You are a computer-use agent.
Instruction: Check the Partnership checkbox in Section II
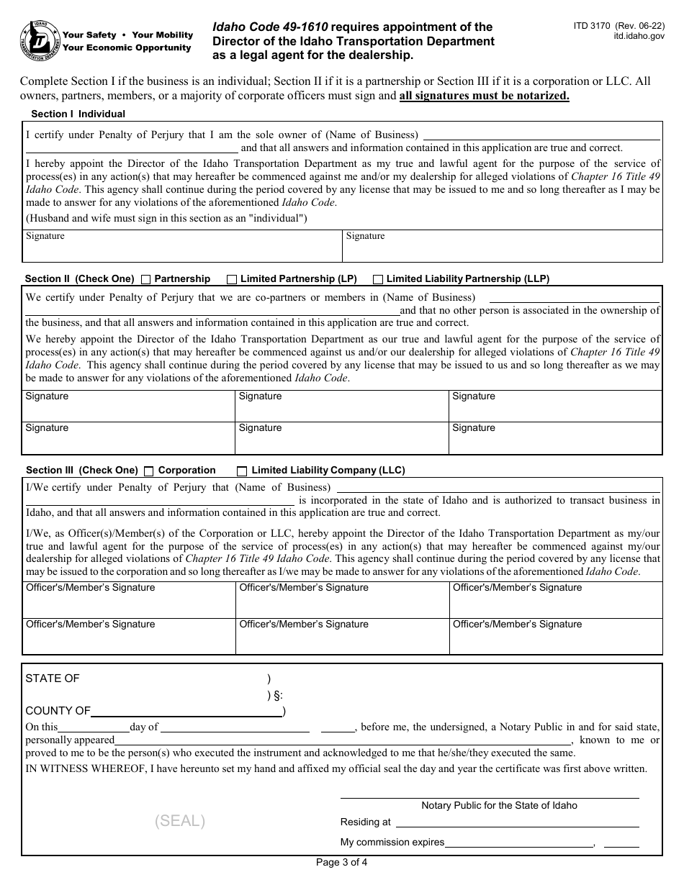146,279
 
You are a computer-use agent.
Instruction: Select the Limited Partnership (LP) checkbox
232,279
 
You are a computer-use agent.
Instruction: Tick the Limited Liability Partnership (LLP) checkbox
378,279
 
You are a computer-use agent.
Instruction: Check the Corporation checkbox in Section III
149,471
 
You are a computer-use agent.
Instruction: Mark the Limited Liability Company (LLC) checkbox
242,471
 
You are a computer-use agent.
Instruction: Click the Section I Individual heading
78,114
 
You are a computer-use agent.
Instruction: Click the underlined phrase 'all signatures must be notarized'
484,96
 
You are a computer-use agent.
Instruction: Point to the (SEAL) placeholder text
180,821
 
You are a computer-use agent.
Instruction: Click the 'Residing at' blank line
516,822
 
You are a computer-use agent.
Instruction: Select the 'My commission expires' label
392,843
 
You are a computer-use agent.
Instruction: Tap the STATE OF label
53,678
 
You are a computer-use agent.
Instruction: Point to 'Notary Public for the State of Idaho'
499,805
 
